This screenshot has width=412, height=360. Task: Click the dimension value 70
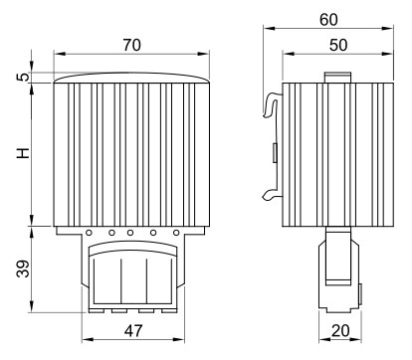[x=132, y=45]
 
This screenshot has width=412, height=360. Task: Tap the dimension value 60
[x=328, y=20]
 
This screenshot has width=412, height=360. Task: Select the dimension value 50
[x=338, y=45]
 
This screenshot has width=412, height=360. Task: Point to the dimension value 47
[x=133, y=330]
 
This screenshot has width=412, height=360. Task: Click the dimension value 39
[x=23, y=269]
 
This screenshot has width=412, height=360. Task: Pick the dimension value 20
[x=340, y=330]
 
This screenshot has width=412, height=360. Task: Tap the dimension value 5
[x=23, y=77]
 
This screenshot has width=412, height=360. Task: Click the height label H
[x=23, y=153]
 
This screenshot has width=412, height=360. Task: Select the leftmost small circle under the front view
[x=89, y=233]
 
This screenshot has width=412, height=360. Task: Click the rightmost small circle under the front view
[x=176, y=233]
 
